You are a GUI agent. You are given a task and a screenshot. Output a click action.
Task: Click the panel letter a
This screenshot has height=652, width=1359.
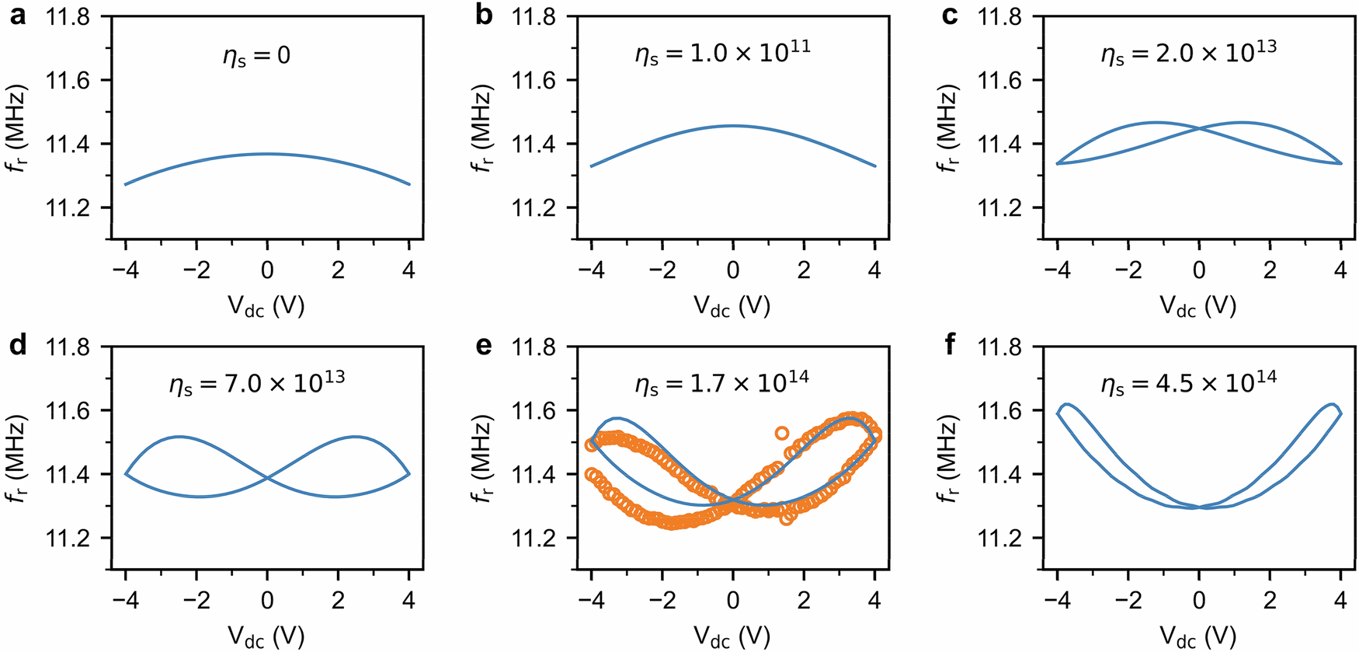click(x=17, y=16)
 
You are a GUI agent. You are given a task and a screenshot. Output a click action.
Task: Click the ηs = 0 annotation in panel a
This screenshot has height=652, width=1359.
click(x=256, y=56)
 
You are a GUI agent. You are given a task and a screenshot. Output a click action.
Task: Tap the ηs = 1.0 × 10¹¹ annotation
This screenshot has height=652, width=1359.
click(x=722, y=53)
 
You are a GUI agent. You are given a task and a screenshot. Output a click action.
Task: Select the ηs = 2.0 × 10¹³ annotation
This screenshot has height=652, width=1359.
click(x=1188, y=53)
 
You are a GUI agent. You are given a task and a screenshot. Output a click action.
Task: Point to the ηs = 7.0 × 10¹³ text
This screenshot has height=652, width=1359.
click(x=256, y=382)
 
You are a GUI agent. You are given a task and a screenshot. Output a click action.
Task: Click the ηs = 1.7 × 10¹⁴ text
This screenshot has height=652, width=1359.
click(x=722, y=382)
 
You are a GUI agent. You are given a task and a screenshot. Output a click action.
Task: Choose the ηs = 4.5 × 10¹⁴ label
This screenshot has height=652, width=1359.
click(x=1188, y=382)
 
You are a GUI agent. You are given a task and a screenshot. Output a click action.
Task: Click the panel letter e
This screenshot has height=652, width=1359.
click(x=483, y=345)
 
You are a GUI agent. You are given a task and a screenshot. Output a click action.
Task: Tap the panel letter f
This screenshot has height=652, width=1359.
click(x=950, y=344)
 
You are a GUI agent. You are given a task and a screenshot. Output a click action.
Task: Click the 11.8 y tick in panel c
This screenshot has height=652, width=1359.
click(x=999, y=16)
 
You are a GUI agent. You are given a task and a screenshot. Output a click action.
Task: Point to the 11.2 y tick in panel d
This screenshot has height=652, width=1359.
click(x=68, y=538)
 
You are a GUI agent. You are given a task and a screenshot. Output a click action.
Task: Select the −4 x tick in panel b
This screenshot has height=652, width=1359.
click(x=591, y=270)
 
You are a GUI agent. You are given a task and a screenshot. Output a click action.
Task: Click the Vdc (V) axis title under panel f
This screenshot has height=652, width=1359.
click(x=1198, y=636)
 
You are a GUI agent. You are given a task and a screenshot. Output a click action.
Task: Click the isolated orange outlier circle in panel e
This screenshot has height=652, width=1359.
click(x=782, y=433)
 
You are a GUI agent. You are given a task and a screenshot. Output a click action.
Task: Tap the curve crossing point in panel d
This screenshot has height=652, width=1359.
click(x=267, y=478)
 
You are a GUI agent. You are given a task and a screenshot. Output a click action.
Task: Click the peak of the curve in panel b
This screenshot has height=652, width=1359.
click(x=733, y=126)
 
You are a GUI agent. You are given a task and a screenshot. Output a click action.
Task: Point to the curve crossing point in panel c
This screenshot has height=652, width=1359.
click(x=1199, y=128)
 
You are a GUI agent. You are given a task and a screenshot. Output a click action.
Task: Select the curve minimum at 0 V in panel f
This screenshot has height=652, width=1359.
click(x=1199, y=507)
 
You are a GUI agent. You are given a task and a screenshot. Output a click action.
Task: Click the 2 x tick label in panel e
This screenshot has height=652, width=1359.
click(x=804, y=600)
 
